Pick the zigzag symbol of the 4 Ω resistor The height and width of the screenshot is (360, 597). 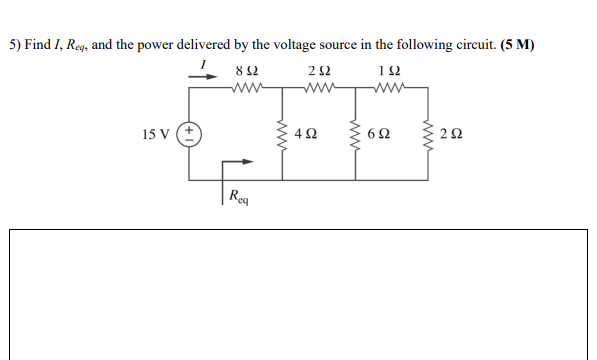283,134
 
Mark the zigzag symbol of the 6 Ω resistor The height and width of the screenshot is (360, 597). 357,134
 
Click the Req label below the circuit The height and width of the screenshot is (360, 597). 239,195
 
